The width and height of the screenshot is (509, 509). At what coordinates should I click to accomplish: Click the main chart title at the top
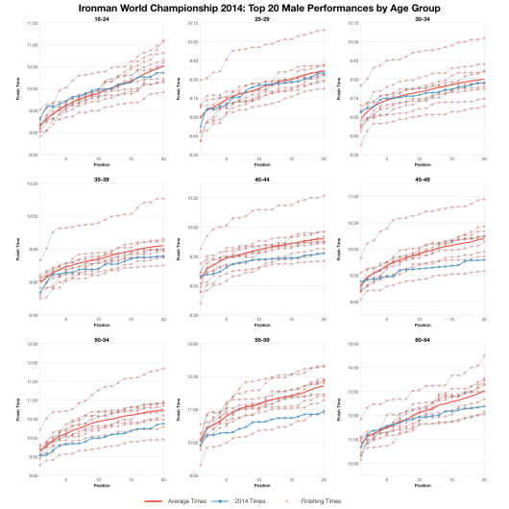254,8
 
